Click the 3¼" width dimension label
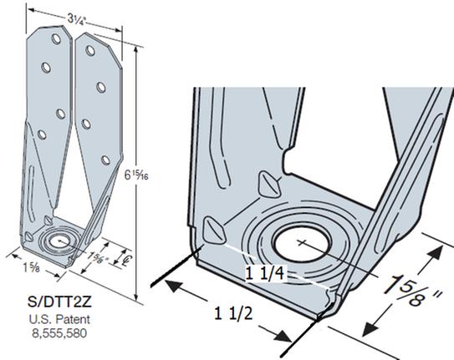78,19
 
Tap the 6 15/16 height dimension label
136,175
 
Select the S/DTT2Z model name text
59,302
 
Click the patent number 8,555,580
59,333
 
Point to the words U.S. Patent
59,319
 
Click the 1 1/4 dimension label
265,273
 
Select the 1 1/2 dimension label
233,313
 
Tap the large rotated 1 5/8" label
413,290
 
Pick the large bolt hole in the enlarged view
302,243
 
